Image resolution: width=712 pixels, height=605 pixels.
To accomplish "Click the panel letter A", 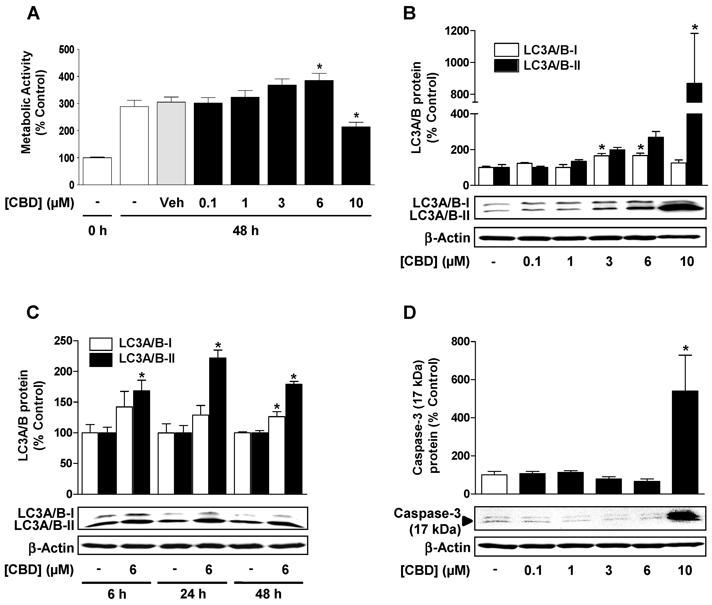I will (x=33, y=14).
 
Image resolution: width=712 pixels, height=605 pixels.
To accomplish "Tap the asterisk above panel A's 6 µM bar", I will (x=319, y=67).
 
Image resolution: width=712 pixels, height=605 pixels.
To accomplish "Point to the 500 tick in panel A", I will (x=67, y=50).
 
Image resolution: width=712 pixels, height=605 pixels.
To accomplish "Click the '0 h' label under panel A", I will (x=97, y=231).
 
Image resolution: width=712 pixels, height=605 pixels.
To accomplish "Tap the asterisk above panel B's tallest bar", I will (x=695, y=28).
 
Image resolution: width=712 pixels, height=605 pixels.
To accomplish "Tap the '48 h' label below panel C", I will (x=268, y=594).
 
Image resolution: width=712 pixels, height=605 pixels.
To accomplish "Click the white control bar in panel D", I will (x=494, y=484).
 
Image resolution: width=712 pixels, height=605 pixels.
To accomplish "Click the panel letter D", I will (x=410, y=313).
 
